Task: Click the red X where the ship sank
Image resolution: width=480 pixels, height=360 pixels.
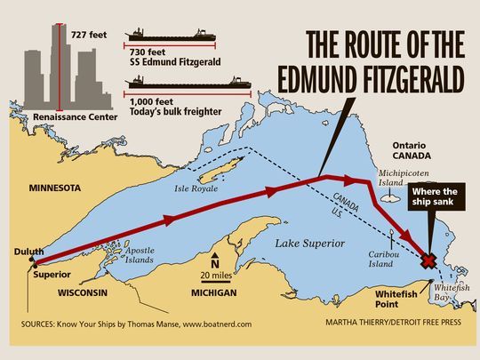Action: pyautogui.click(x=428, y=261)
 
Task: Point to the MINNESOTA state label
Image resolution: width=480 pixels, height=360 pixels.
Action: pyautogui.click(x=55, y=188)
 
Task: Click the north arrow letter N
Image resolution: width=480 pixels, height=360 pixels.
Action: pyautogui.click(x=214, y=262)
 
